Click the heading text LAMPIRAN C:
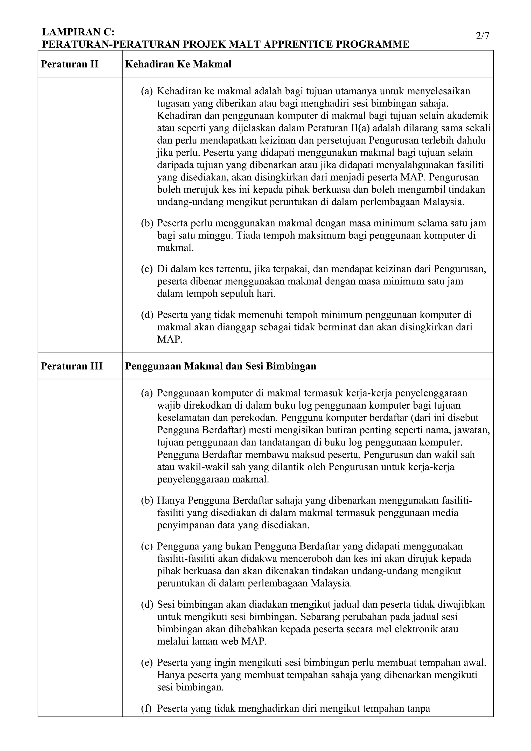78,32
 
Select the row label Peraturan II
69,64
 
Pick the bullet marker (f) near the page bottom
146,709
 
